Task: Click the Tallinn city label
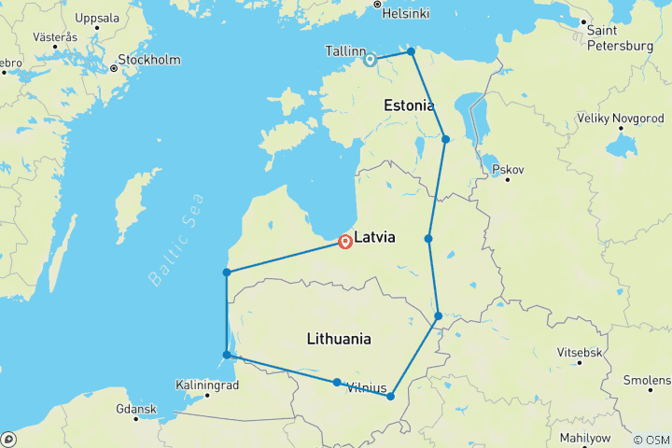[x=339, y=50]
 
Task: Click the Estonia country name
[x=410, y=106]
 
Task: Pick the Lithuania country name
[x=339, y=340]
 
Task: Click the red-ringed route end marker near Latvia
[x=346, y=242]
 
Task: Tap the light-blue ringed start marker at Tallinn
[x=371, y=60]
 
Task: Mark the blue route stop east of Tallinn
[x=411, y=51]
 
